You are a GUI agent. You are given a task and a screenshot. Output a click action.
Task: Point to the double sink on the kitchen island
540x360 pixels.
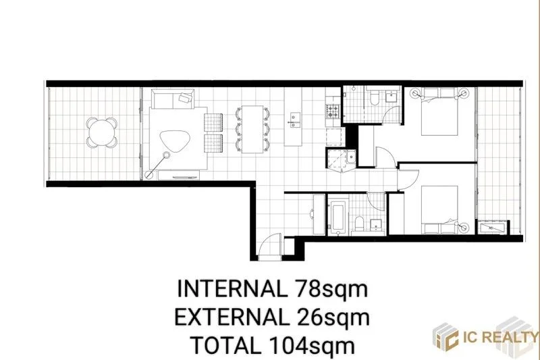click(294, 119)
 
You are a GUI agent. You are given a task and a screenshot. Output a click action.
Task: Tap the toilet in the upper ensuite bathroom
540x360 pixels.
click(373, 99)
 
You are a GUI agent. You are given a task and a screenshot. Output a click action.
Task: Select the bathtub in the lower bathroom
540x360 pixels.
click(337, 217)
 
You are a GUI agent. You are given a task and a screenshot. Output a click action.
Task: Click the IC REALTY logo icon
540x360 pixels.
click(448, 336)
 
